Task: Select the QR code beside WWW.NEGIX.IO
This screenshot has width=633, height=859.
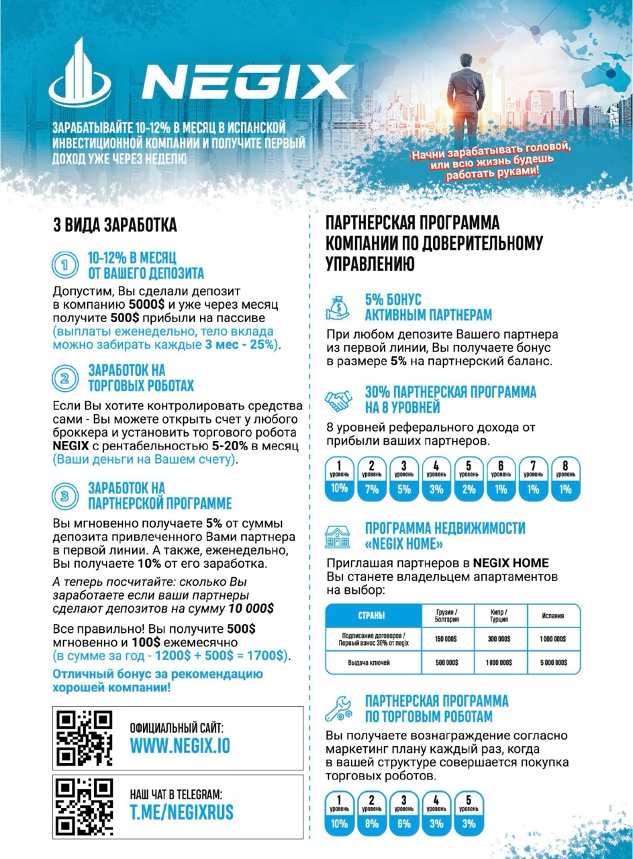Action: (x=84, y=738)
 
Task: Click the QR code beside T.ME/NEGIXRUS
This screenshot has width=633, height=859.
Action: (x=84, y=806)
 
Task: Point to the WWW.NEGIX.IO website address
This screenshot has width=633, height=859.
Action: (x=180, y=746)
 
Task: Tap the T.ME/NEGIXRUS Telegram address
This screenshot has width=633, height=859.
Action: (x=182, y=813)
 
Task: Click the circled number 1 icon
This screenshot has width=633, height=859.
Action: (x=64, y=265)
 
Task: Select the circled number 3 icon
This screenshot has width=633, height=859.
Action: (x=64, y=496)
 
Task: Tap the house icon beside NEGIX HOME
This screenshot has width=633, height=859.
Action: (x=338, y=536)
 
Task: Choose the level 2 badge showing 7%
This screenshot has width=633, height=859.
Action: (x=372, y=478)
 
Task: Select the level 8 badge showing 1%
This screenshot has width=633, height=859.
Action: (x=565, y=478)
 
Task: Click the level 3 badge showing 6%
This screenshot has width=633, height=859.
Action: (x=404, y=813)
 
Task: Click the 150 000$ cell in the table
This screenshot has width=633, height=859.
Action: (x=446, y=639)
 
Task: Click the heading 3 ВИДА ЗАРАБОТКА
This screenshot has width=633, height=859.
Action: (x=115, y=225)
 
